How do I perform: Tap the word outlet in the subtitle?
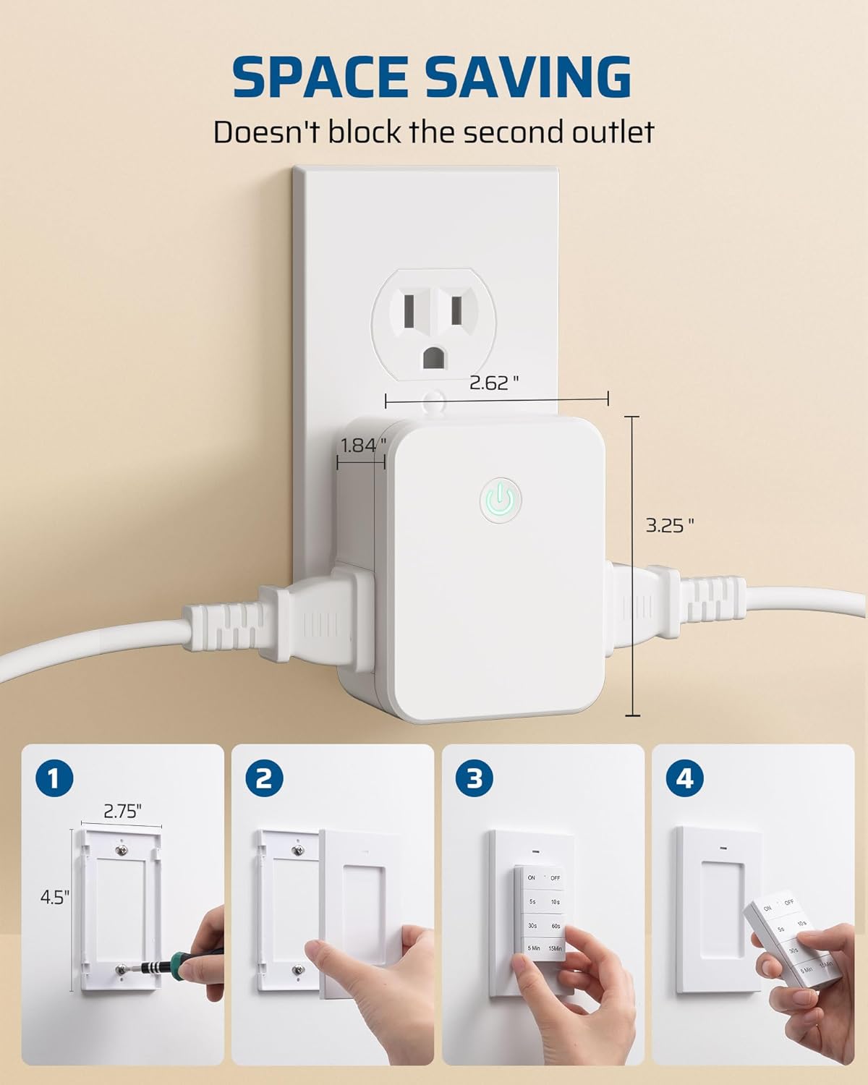click(x=609, y=132)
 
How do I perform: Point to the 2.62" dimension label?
click(x=494, y=383)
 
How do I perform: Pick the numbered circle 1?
click(x=54, y=779)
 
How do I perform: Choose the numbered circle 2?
click(x=264, y=779)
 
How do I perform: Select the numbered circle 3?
click(x=475, y=779)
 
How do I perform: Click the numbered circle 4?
click(x=685, y=779)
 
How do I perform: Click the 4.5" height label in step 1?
click(x=55, y=898)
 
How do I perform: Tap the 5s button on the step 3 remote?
click(x=532, y=902)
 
